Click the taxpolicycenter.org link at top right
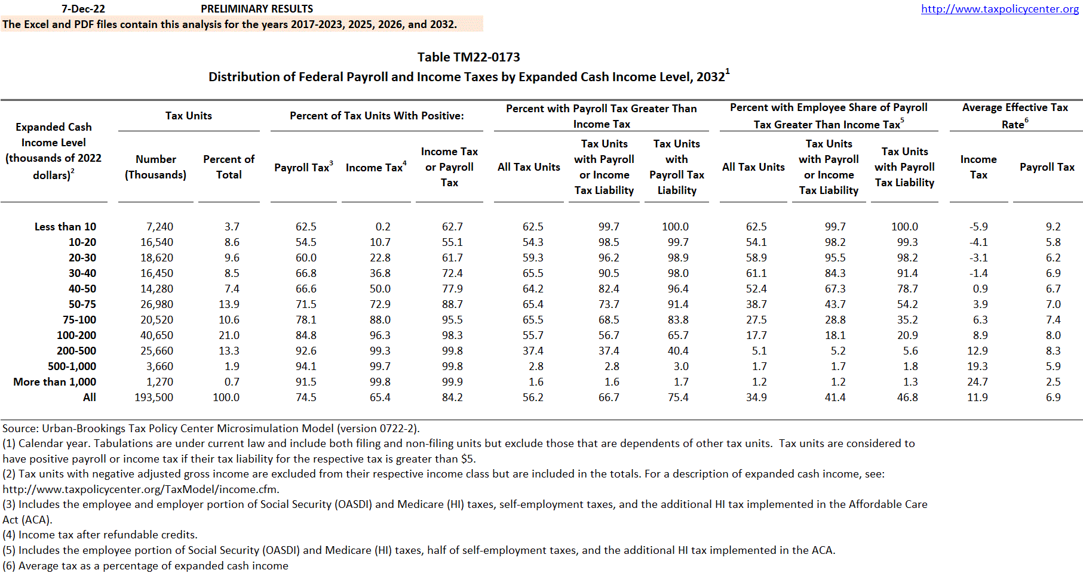point(999,9)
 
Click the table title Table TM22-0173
point(468,57)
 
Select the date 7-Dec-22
point(83,9)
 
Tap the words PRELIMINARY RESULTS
point(257,9)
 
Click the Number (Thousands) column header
point(155,167)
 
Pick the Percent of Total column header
point(229,167)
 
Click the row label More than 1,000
point(55,382)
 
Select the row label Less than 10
point(65,227)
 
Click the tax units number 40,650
point(157,335)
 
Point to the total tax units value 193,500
point(154,398)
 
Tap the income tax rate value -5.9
point(978,227)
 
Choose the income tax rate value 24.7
point(977,382)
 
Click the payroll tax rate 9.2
point(1053,227)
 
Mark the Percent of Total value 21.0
point(229,335)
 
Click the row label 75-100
point(79,320)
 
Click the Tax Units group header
point(189,116)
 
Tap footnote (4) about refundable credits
point(100,535)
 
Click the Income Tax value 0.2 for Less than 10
point(383,227)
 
